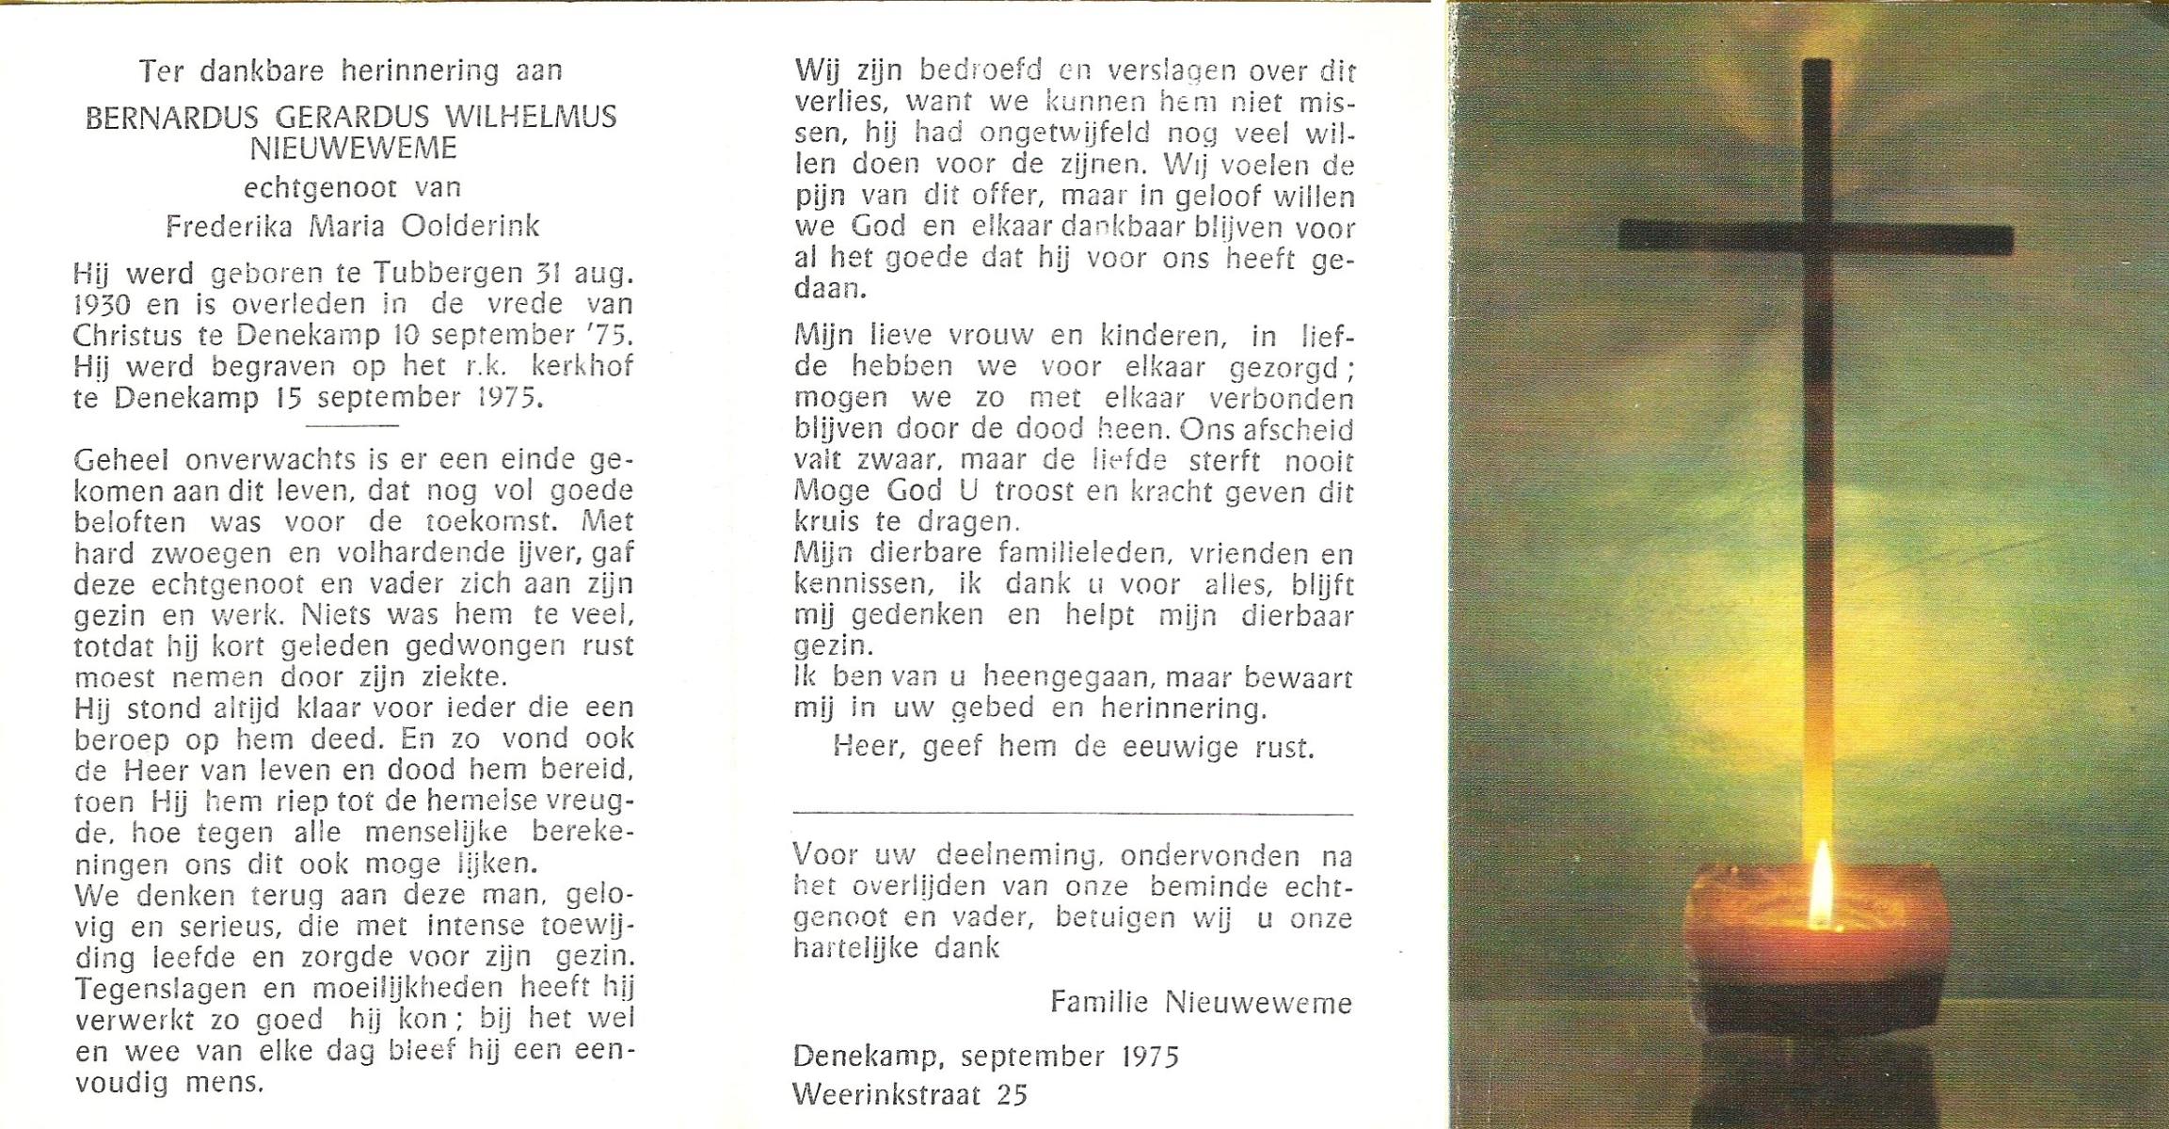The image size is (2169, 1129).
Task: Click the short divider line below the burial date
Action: (353, 425)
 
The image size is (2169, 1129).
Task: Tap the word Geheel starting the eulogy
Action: (121, 460)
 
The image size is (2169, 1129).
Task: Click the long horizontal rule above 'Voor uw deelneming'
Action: (1073, 813)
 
